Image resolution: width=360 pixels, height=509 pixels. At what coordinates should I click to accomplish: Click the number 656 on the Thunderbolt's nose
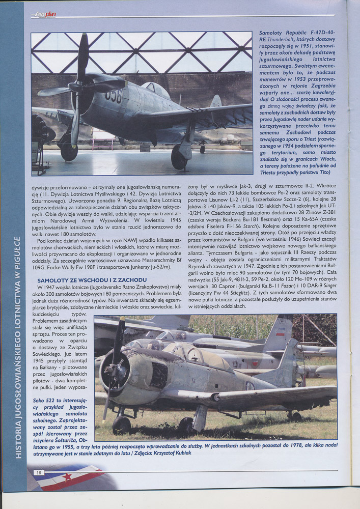point(114,96)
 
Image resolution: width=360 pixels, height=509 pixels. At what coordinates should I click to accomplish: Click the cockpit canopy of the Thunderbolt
point(155,91)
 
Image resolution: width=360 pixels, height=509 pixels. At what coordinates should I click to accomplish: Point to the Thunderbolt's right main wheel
point(179,158)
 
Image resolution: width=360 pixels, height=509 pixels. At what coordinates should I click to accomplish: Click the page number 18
point(39,472)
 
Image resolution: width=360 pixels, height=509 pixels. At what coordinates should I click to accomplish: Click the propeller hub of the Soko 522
point(111,370)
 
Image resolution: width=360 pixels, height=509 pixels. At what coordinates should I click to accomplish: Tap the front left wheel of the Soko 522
point(122,424)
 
